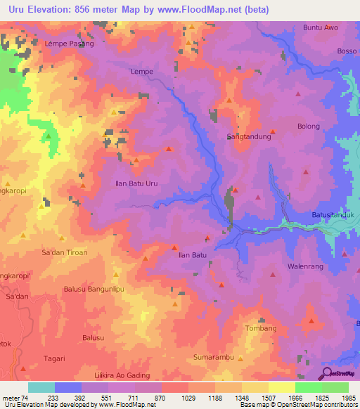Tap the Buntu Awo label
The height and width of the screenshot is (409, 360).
pyautogui.click(x=320, y=27)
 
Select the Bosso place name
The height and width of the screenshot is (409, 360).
pyautogui.click(x=347, y=51)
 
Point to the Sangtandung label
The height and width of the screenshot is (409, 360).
pyautogui.click(x=249, y=137)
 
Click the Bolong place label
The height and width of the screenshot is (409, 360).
pyautogui.click(x=308, y=126)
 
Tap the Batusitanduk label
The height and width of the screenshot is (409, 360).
pyautogui.click(x=335, y=215)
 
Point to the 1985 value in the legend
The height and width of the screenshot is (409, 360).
pyautogui.click(x=345, y=398)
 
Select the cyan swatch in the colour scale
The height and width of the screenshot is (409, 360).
pyautogui.click(x=41, y=387)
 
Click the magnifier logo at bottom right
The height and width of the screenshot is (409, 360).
pyautogui.click(x=328, y=374)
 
